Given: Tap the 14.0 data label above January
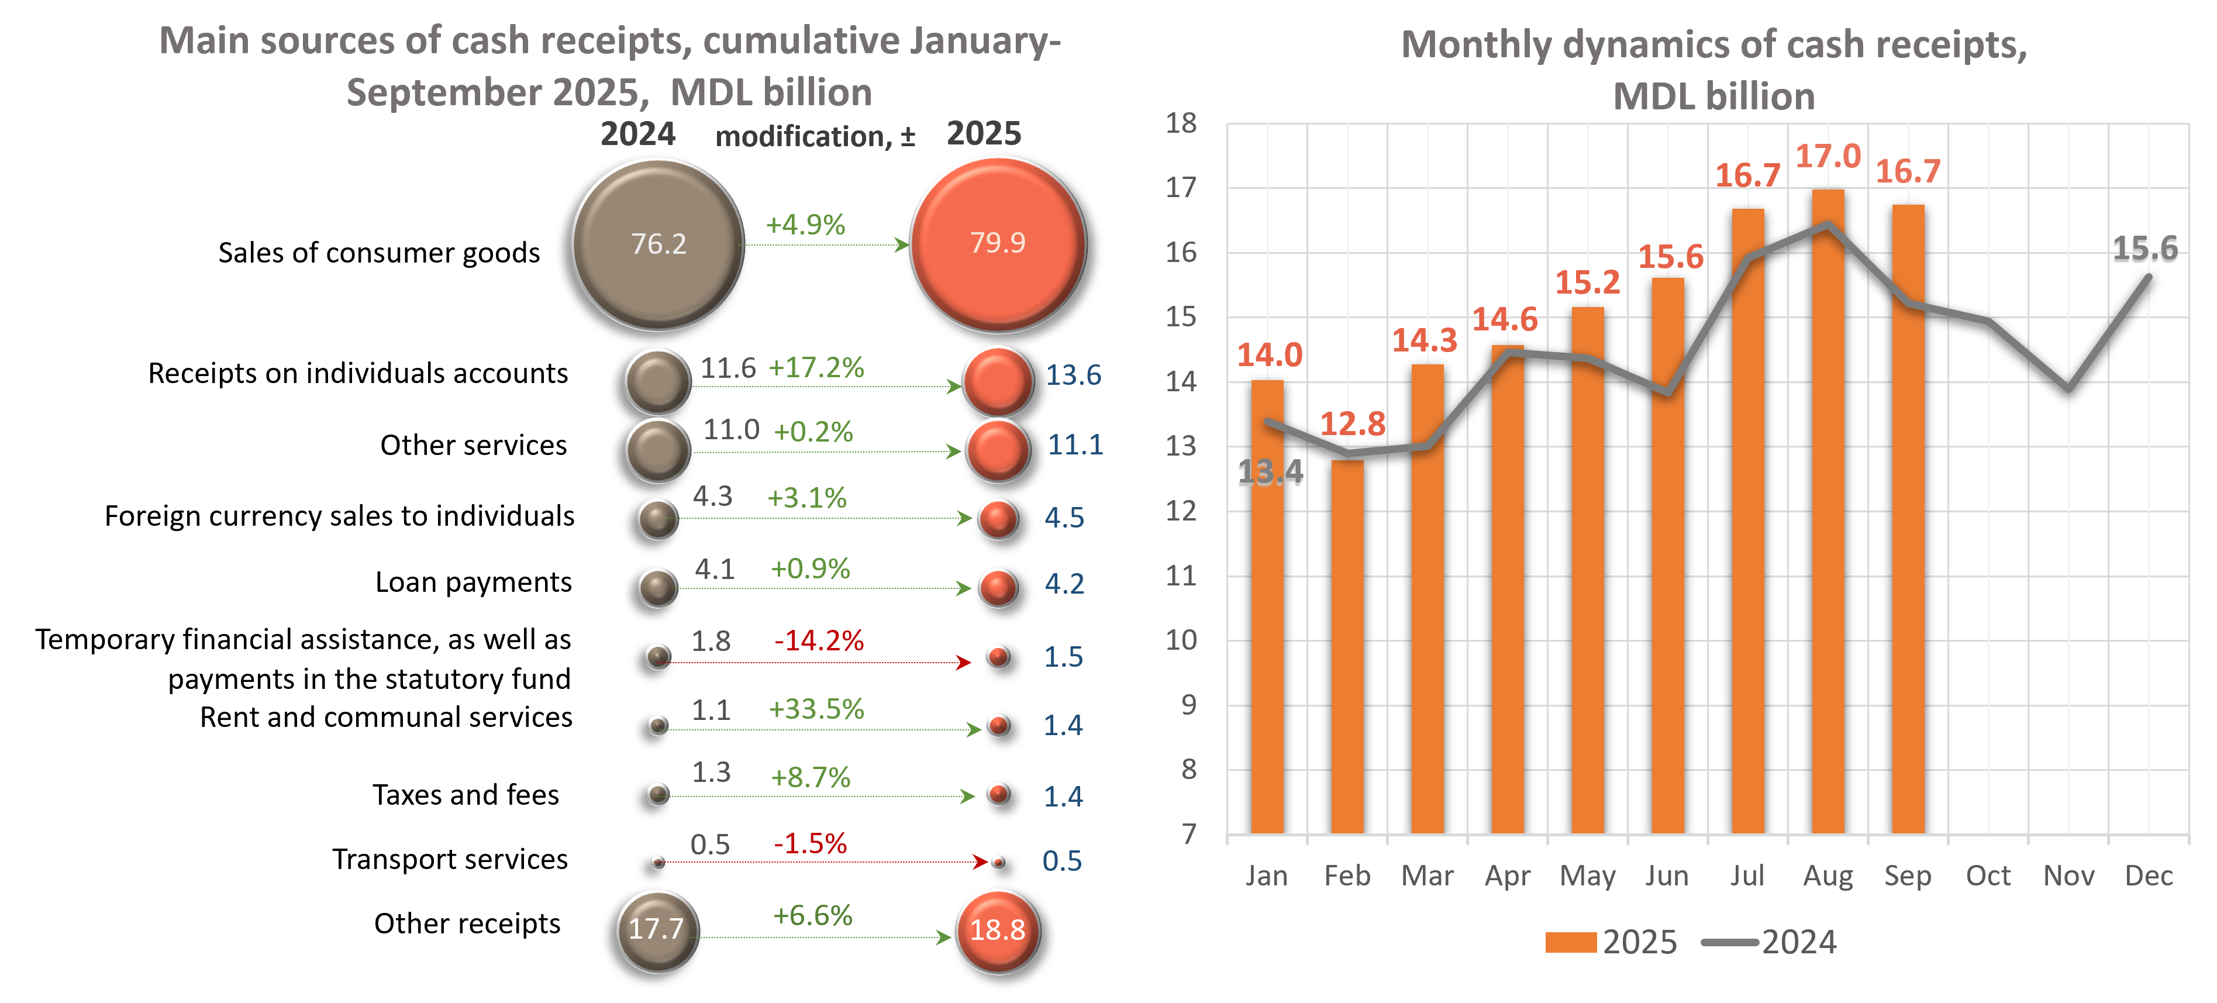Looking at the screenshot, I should pyautogui.click(x=1270, y=355).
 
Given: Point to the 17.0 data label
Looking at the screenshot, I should pyautogui.click(x=1828, y=157).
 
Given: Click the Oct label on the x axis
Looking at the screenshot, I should pyautogui.click(x=1988, y=876).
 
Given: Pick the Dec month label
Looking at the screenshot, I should pyautogui.click(x=2148, y=876).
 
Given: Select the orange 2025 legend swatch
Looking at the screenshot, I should pyautogui.click(x=1571, y=942).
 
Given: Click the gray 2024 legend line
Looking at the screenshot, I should pyautogui.click(x=1730, y=942).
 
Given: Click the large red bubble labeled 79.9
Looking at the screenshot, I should pyautogui.click(x=998, y=244).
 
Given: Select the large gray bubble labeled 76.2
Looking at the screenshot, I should pyautogui.click(x=658, y=244).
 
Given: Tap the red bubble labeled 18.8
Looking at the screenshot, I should pyautogui.click(x=998, y=930).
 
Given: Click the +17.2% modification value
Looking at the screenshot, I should pyautogui.click(x=816, y=368).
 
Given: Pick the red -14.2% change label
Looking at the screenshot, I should pyautogui.click(x=819, y=640).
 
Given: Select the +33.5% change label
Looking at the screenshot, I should pyautogui.click(x=816, y=709).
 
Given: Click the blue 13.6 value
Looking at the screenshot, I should pyautogui.click(x=1073, y=375).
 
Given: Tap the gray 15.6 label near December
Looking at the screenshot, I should pyautogui.click(x=2144, y=250).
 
